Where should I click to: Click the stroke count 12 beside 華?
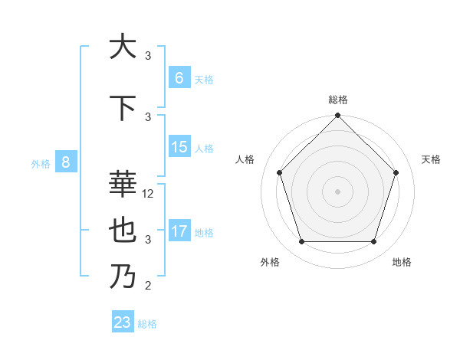click(148, 194)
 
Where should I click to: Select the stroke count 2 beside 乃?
click(148, 286)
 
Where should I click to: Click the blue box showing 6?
click(179, 77)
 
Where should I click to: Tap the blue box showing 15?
click(179, 147)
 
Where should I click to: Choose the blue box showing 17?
click(179, 231)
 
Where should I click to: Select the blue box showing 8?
click(66, 162)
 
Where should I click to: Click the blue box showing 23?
click(123, 322)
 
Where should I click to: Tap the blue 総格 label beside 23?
click(148, 324)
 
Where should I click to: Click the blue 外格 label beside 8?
click(41, 163)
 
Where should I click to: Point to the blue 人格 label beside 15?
click(204, 149)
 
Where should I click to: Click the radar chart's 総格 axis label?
click(338, 100)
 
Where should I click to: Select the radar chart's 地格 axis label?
click(402, 262)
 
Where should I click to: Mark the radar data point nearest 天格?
click(396, 172)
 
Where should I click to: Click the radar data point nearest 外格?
click(301, 242)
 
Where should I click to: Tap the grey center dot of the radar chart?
click(337, 191)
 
